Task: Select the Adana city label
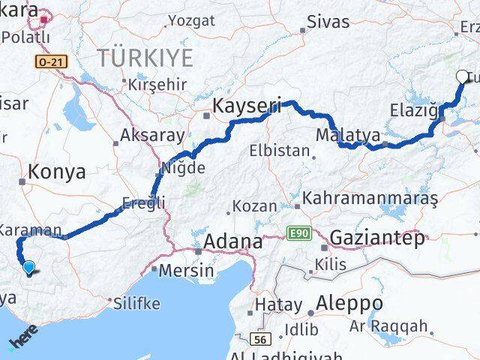(235, 242)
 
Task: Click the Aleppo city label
(349, 304)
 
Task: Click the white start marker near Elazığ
(461, 76)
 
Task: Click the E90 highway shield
(297, 235)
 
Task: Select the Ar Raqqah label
(398, 326)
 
